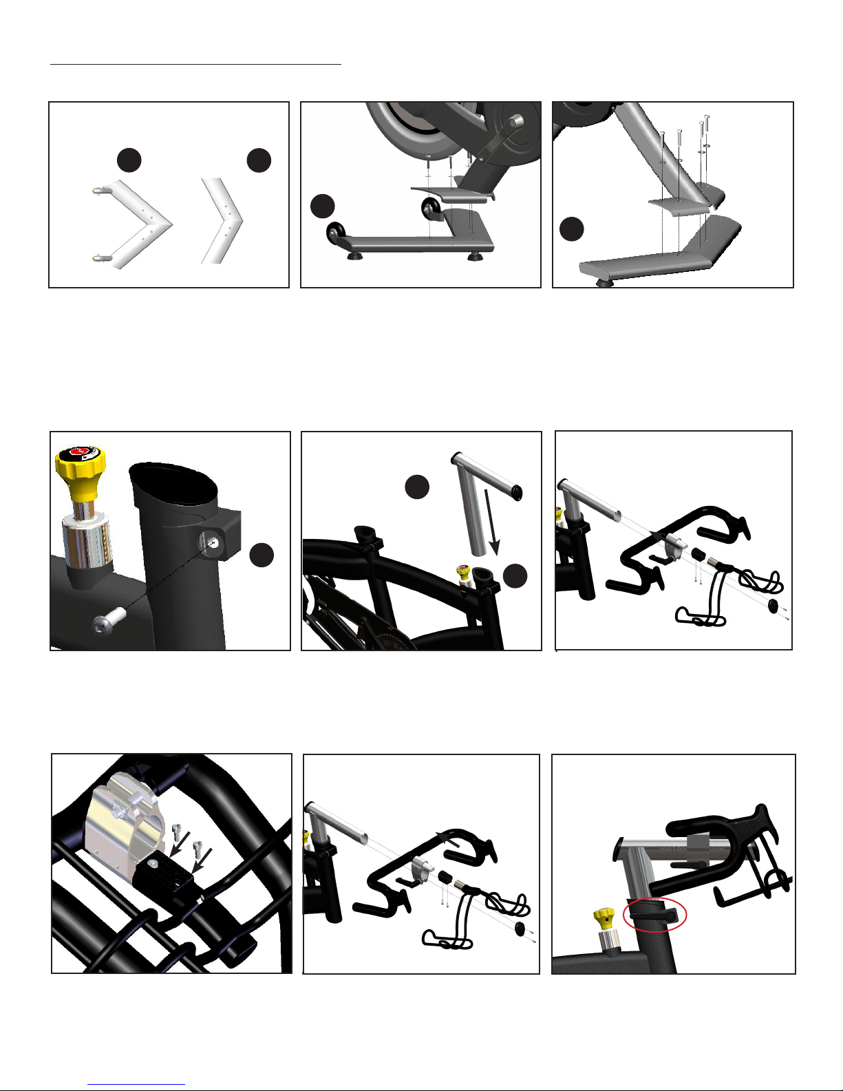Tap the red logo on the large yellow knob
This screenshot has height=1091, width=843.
point(80,454)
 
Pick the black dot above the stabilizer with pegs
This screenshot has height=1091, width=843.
point(129,160)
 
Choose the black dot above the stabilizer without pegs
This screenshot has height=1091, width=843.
point(259,160)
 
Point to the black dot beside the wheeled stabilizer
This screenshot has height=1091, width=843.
point(322,206)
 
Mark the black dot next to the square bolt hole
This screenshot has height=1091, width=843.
point(262,555)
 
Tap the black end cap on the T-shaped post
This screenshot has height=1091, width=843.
point(516,492)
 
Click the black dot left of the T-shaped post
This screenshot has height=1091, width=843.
point(416,487)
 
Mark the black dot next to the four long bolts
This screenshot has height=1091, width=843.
point(572,229)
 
